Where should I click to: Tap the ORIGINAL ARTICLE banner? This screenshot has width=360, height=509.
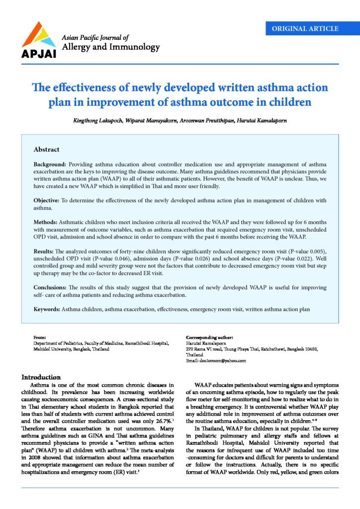tap(305, 29)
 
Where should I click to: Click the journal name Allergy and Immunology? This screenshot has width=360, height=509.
tap(110, 48)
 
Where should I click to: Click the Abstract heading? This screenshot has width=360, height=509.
tap(46, 149)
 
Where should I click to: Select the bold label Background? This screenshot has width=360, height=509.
tap(50, 164)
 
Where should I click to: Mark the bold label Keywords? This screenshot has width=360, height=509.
tap(47, 309)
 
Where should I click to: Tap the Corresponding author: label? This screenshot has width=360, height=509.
tap(209, 338)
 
